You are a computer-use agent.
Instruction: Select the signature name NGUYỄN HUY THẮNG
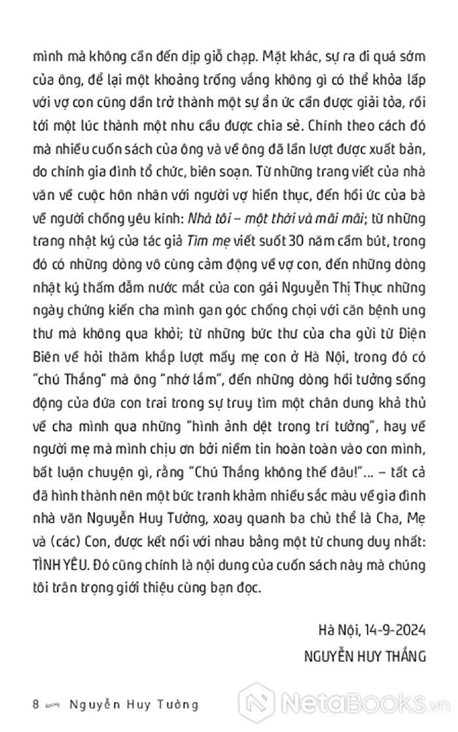point(367,655)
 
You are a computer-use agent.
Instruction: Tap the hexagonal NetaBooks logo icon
point(257,705)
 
